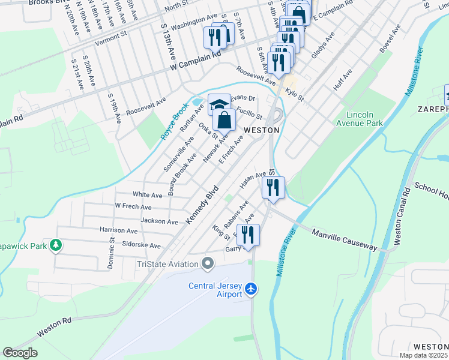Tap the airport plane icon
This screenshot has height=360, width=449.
(251, 290)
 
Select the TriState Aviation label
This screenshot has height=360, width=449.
(167, 264)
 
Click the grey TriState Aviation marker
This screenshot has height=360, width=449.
(208, 263)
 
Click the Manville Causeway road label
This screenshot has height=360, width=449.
(344, 239)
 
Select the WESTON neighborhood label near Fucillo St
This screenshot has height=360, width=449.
(262, 130)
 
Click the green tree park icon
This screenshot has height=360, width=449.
(55, 245)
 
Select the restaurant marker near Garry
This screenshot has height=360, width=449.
(247, 234)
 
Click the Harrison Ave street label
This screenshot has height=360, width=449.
(118, 230)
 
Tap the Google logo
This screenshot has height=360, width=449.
(20, 353)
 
